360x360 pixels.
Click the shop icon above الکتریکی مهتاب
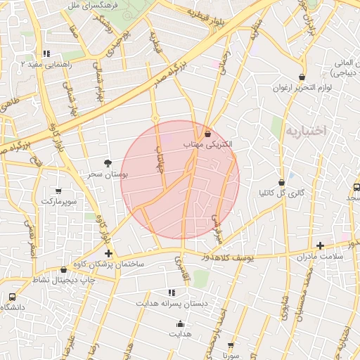point(207,134)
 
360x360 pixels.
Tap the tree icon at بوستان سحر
point(107,162)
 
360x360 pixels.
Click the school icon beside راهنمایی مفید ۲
point(46,53)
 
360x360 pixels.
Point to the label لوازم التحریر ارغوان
point(302,88)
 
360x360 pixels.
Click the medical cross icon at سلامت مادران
point(321,245)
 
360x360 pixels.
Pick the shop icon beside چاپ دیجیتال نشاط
point(63,269)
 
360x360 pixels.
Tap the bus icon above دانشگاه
point(11,297)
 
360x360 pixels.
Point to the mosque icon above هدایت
point(180,324)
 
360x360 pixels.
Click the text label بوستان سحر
point(103,173)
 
